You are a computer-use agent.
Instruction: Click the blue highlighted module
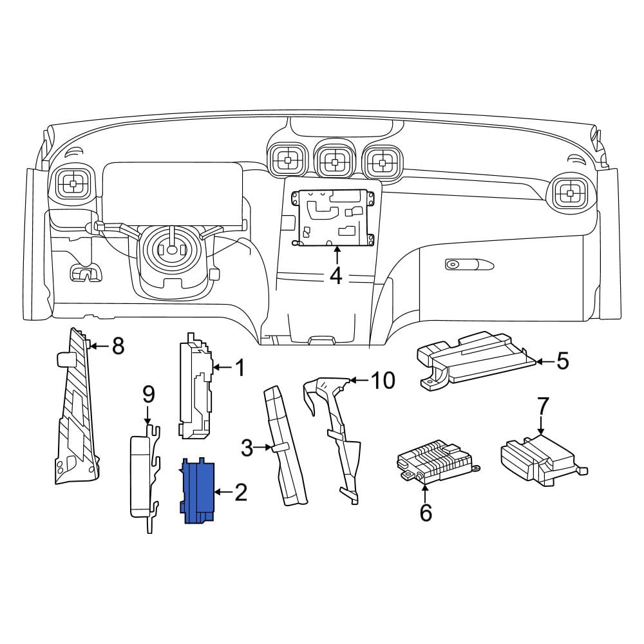tap(197, 491)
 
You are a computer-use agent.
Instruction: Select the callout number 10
tap(383, 381)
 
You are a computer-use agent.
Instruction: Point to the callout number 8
tap(118, 346)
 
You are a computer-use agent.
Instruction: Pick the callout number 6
tap(426, 512)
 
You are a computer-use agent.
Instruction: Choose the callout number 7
tap(542, 406)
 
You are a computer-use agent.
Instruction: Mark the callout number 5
tap(562, 361)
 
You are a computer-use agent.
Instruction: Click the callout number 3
tap(247, 448)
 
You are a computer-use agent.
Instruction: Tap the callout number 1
tap(240, 368)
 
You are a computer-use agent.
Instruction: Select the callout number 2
tap(241, 491)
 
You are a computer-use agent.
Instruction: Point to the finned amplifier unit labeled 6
tap(438, 460)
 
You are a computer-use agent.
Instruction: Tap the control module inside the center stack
tap(333, 218)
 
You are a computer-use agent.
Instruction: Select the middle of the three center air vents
tap(335, 162)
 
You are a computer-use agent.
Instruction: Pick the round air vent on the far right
tap(570, 192)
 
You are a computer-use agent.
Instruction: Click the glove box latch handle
tap(469, 265)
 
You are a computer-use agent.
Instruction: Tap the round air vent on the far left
tap(73, 184)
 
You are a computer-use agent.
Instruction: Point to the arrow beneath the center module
tap(337, 254)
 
